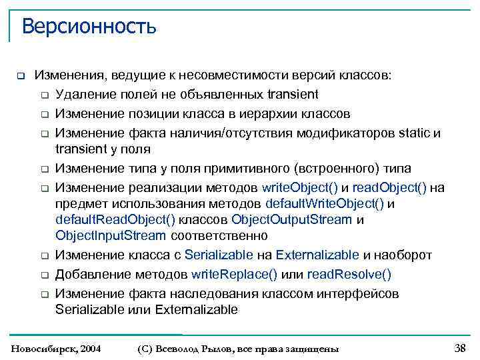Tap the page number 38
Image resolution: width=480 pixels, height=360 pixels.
pos(459,347)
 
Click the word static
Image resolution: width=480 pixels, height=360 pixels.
pos(415,133)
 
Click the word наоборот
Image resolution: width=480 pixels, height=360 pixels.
pos(403,255)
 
